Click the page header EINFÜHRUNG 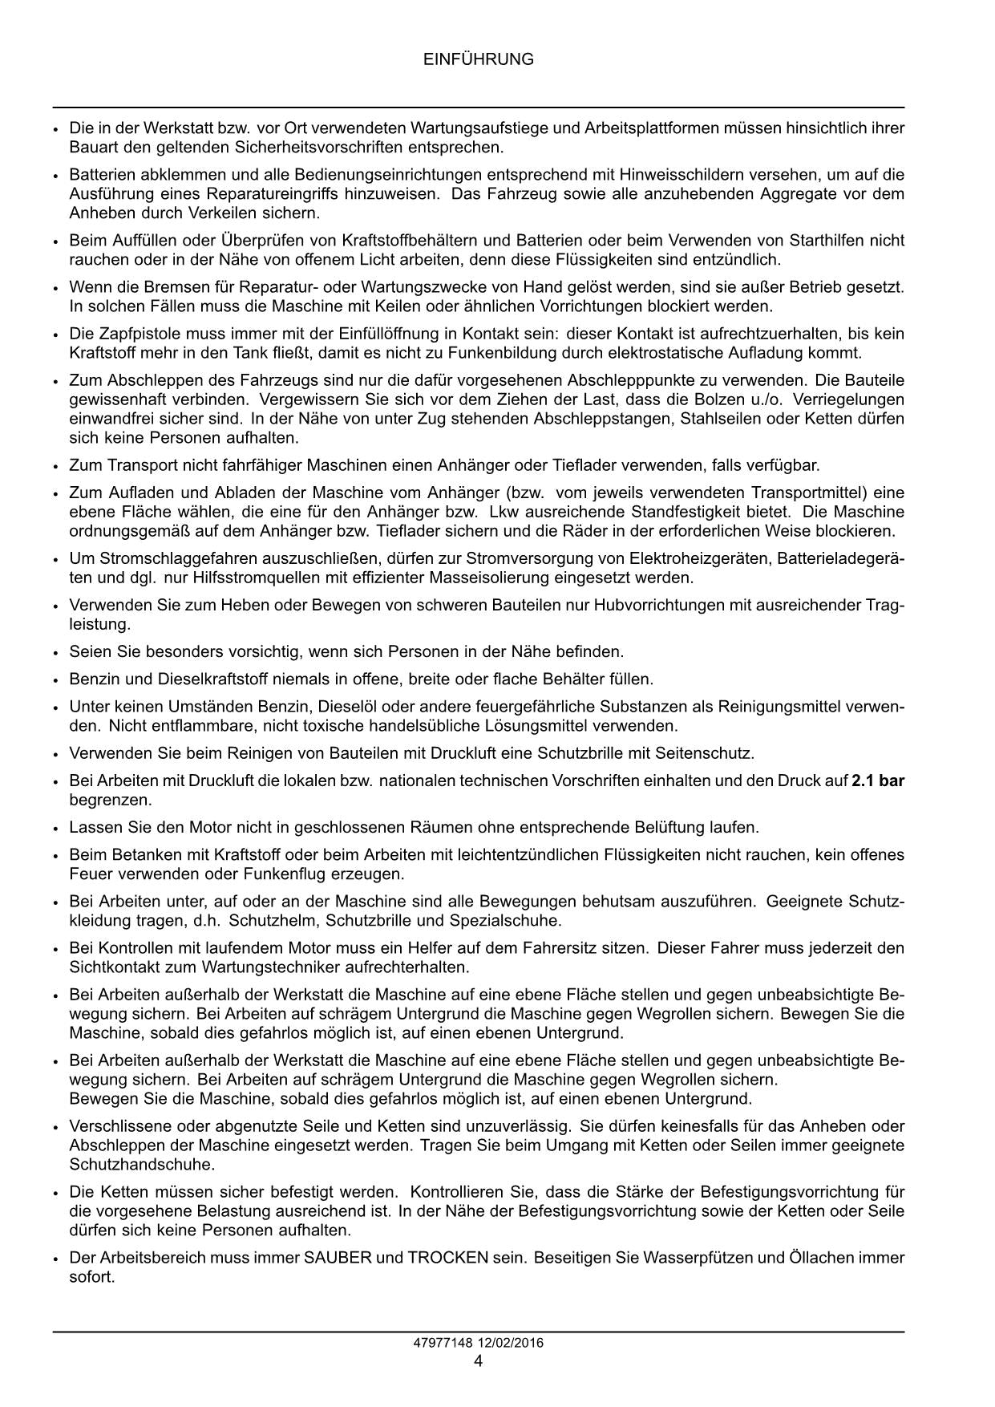pyautogui.click(x=478, y=59)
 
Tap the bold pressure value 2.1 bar pyautogui.click(x=878, y=781)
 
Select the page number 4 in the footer pyautogui.click(x=478, y=1361)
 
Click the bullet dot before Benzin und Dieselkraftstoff pyautogui.click(x=55, y=680)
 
